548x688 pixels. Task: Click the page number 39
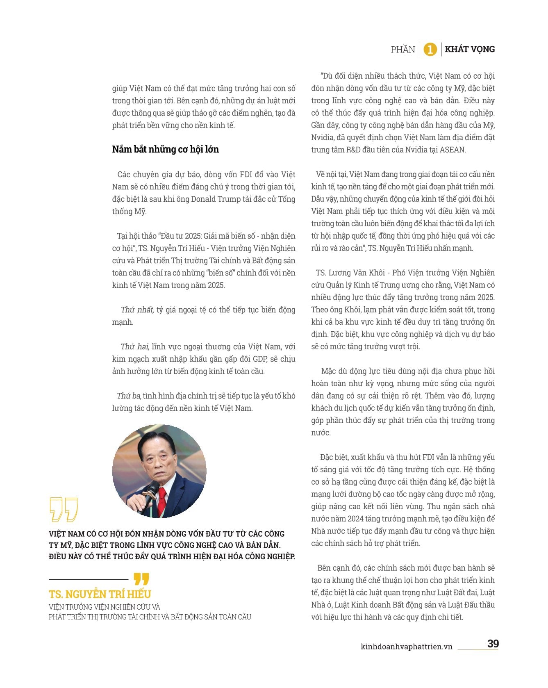point(493,643)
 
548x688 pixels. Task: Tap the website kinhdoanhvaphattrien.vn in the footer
point(406,647)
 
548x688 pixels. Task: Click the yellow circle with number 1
point(430,50)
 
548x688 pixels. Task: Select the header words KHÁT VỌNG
point(470,49)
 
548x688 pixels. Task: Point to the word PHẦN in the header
point(403,50)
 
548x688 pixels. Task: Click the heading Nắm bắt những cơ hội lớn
point(165,149)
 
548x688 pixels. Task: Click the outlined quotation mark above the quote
point(64,509)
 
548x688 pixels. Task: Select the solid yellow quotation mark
point(141,579)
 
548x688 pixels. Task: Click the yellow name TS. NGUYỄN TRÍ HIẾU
point(100,594)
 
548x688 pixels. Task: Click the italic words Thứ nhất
point(137,310)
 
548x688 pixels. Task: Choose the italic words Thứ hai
point(135,346)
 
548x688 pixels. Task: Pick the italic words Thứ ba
point(129,396)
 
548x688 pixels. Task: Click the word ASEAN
point(452,150)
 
